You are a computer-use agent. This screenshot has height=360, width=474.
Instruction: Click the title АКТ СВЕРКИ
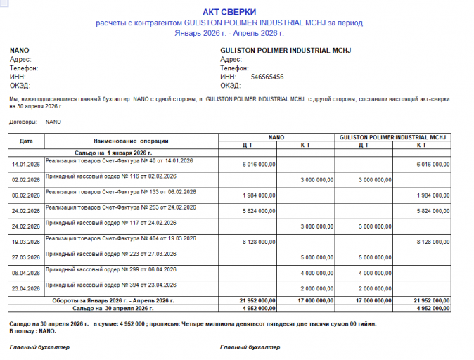[x=229, y=12]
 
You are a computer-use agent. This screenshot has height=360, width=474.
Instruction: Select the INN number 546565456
[x=267, y=77]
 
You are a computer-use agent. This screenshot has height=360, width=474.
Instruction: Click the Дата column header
[x=26, y=141]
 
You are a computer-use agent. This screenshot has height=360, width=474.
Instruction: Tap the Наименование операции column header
[x=131, y=141]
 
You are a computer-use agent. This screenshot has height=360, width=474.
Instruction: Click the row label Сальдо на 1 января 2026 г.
[x=113, y=152]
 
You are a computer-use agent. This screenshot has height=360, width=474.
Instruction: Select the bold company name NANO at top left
[x=20, y=51]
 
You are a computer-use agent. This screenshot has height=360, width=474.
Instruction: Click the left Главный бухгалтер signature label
[x=39, y=347]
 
